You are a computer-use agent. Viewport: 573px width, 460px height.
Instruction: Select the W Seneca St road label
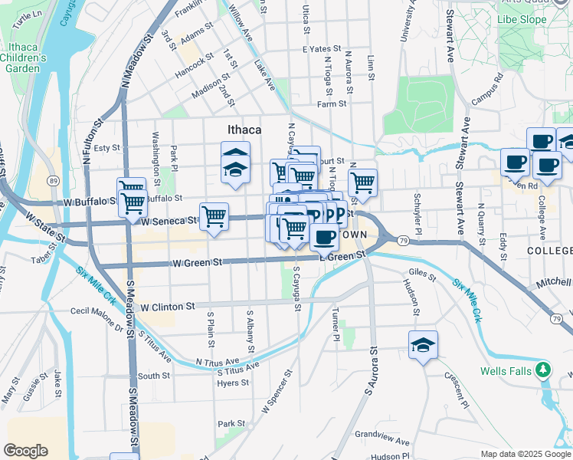click(x=169, y=220)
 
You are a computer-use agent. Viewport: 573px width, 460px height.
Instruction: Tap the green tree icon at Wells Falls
click(x=544, y=371)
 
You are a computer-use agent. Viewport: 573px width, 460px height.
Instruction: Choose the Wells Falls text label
click(x=506, y=371)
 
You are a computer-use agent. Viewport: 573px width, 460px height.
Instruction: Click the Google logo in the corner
click(x=25, y=450)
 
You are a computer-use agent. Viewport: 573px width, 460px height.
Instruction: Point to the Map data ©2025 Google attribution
click(x=526, y=454)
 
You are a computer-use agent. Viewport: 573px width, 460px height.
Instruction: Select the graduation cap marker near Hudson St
click(x=423, y=346)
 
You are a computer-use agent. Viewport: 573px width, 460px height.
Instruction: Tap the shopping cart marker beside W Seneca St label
click(x=214, y=217)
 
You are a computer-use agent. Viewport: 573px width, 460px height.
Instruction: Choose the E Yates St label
click(x=319, y=48)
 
